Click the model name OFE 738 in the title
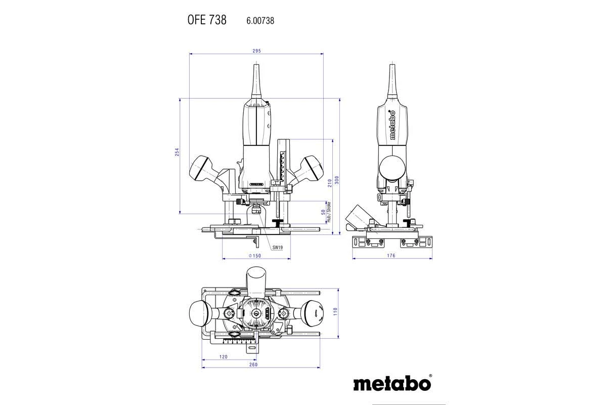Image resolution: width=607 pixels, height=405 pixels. [207, 20]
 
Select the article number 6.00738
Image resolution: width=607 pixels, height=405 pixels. [260, 21]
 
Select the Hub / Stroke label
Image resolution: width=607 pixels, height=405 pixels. [329, 212]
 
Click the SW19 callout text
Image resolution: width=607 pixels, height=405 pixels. [277, 248]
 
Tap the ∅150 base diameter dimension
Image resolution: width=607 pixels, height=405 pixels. [255, 256]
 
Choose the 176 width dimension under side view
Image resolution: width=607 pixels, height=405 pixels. [391, 256]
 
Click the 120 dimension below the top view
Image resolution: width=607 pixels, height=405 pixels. [223, 357]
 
